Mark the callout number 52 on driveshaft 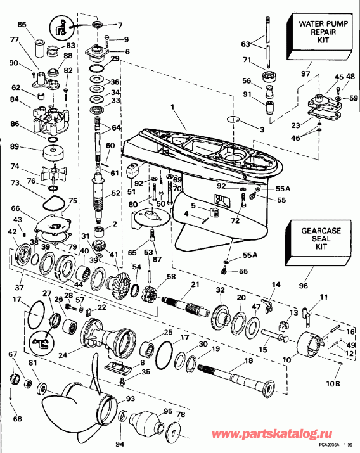tap(115, 193)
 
